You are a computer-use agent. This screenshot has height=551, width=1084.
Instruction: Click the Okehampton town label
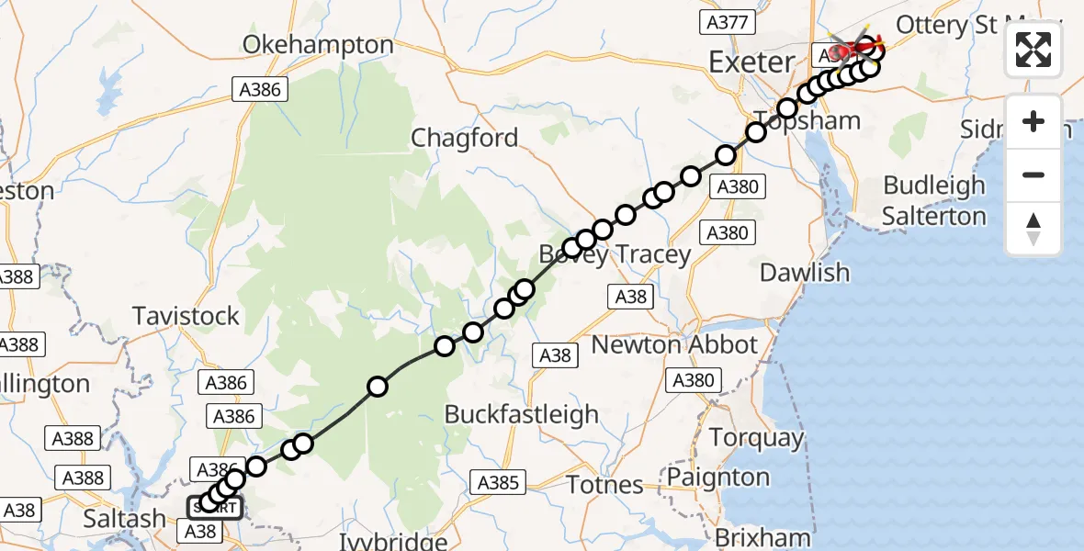(318, 44)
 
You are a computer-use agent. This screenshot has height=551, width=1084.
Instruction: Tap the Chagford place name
(464, 138)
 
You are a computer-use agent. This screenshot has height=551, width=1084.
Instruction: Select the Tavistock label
(186, 316)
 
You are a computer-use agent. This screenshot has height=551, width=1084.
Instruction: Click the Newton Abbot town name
(674, 344)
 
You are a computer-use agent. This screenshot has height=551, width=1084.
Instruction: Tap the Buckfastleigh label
(521, 414)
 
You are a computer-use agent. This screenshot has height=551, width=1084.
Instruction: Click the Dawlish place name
(805, 273)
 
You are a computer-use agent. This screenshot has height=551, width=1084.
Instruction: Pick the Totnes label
(604, 484)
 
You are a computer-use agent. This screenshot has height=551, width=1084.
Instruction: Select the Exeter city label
(751, 62)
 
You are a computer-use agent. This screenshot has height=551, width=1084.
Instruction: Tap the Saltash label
(124, 519)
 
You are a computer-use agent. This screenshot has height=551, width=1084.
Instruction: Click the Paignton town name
(718, 478)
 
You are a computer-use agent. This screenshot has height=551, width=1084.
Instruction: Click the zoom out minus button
(1033, 174)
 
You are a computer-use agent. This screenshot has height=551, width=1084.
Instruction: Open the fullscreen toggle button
(1033, 50)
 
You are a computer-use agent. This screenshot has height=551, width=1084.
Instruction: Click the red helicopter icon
(853, 46)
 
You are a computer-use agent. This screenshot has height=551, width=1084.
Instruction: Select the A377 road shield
(726, 22)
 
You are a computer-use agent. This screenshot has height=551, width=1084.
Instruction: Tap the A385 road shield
(499, 482)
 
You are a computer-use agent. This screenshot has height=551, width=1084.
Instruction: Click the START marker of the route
(216, 507)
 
